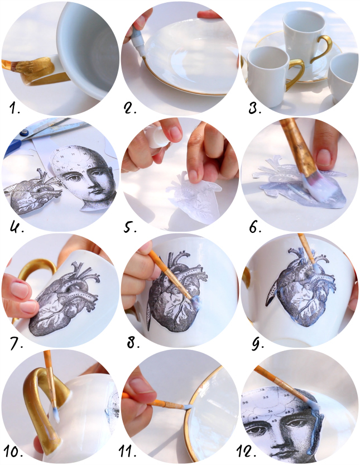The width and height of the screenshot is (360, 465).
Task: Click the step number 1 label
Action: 15,109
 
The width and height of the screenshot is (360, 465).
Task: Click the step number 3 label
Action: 255,109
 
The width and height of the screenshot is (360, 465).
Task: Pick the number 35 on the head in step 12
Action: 266,397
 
